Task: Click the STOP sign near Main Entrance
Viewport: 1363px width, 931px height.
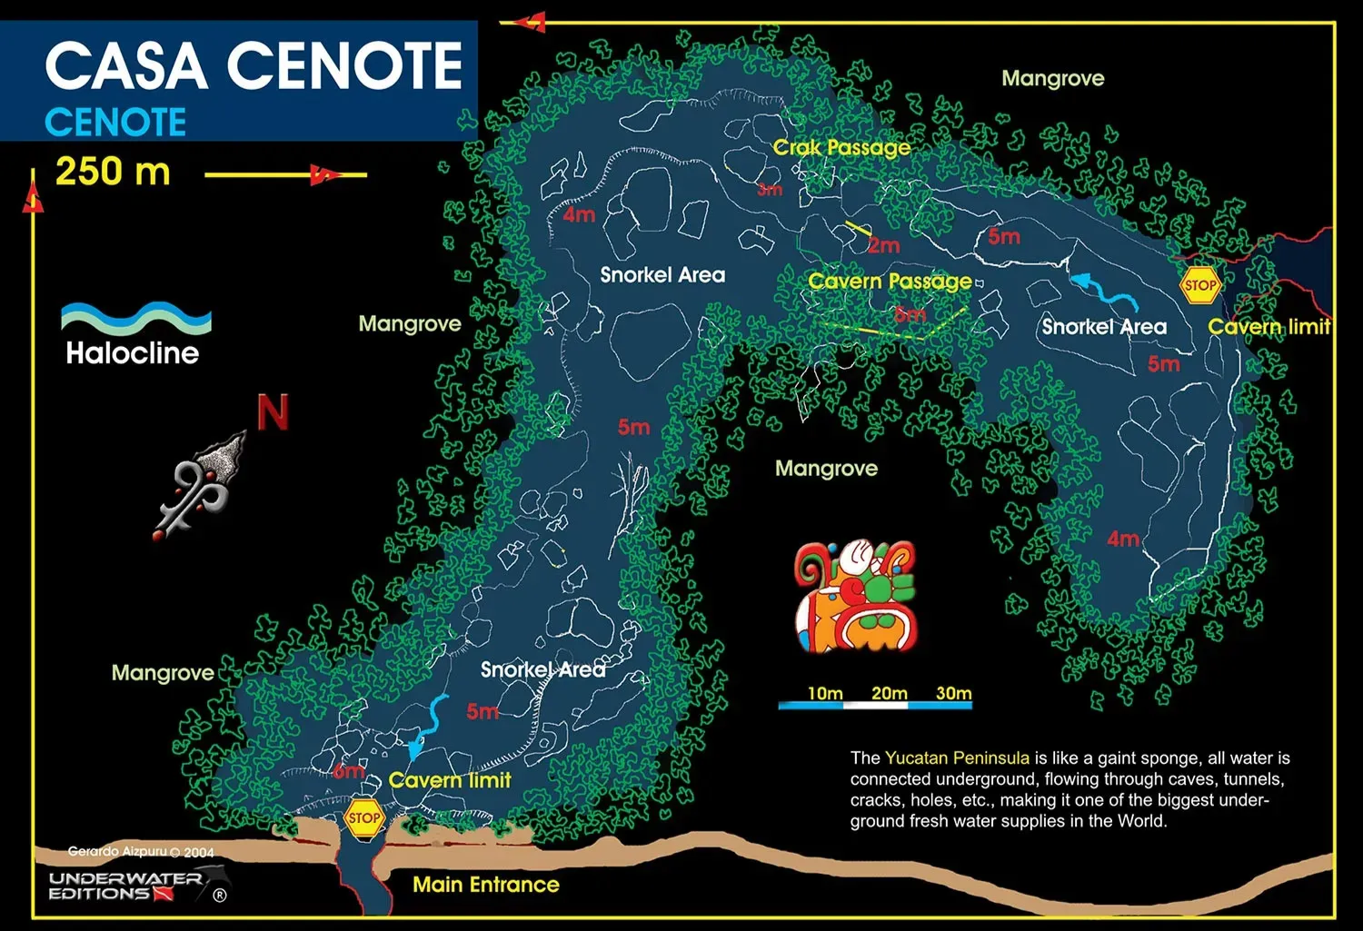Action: [363, 817]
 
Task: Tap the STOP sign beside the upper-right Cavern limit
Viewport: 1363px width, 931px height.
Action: [1199, 285]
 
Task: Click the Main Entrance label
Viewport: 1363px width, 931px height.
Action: [485, 884]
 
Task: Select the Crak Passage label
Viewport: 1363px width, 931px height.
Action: [841, 147]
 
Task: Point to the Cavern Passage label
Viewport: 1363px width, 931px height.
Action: [890, 281]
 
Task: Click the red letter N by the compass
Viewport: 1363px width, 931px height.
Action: [273, 412]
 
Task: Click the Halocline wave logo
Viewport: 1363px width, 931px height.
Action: [135, 320]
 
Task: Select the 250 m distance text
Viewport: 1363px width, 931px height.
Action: [113, 171]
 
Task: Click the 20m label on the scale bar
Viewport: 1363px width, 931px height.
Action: [889, 693]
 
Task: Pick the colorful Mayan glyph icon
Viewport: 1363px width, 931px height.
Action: [855, 596]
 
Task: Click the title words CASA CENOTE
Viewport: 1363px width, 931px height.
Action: [254, 65]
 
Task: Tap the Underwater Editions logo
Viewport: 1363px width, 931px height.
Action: [136, 886]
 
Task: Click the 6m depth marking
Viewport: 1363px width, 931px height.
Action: [348, 772]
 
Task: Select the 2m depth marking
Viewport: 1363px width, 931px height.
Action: [883, 245]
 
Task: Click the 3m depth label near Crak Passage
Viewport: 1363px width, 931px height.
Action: [770, 190]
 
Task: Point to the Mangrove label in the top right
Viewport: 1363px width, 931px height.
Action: [1052, 78]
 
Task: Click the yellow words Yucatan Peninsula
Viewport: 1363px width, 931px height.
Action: [957, 758]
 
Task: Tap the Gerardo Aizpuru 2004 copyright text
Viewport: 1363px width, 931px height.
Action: [141, 852]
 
